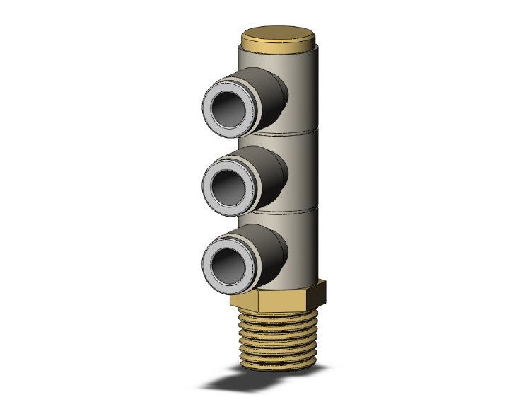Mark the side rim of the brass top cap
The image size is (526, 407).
click(277, 47)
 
